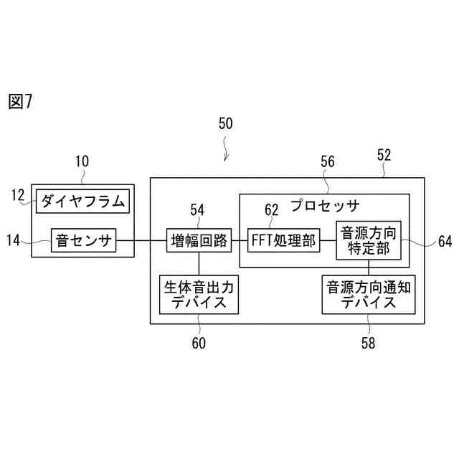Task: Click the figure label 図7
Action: tap(21, 102)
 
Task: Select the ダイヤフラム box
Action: tap(82, 202)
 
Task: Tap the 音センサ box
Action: tap(83, 241)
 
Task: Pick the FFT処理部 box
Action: tap(283, 241)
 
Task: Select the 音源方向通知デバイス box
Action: tap(369, 294)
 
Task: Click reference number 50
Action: tap(225, 123)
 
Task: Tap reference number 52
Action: tap(384, 154)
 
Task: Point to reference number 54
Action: tap(197, 209)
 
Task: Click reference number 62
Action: tap(271, 209)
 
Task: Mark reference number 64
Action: tap(445, 242)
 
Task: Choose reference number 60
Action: tap(199, 343)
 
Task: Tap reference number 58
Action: tap(368, 343)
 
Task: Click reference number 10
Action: tap(82, 161)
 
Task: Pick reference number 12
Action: tap(18, 194)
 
